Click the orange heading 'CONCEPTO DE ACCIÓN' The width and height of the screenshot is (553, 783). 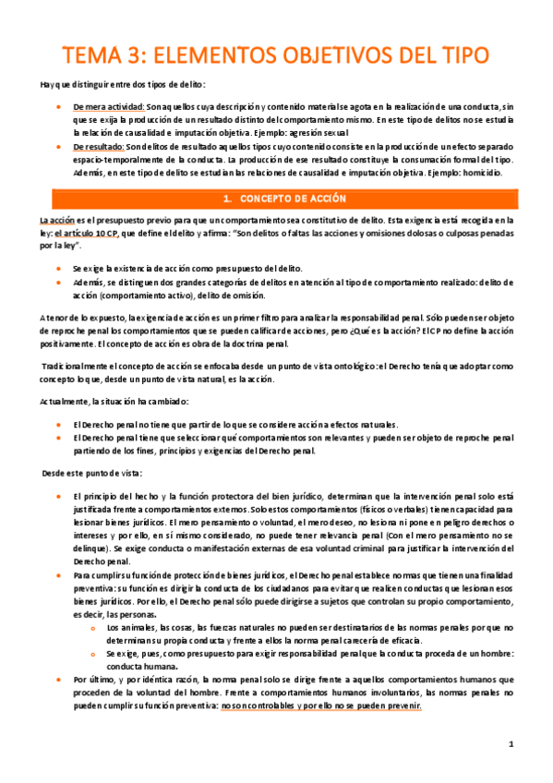pyautogui.click(x=293, y=199)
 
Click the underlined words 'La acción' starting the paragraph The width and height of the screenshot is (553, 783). pyautogui.click(x=57, y=222)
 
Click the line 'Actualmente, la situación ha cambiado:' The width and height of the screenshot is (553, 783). pyautogui.click(x=114, y=402)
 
